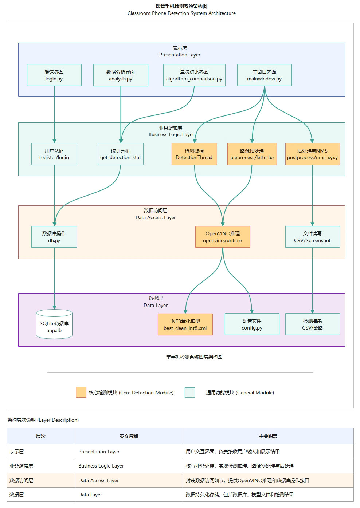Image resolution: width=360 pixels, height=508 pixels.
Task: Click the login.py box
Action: click(x=54, y=75)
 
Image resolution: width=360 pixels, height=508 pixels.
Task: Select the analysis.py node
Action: click(x=121, y=75)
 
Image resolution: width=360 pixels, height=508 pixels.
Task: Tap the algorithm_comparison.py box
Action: click(x=194, y=75)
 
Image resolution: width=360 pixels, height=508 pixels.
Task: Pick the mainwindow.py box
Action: click(x=264, y=75)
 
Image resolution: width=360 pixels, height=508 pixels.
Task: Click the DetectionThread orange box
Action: click(x=194, y=154)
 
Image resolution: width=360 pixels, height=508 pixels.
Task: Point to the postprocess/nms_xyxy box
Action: click(x=312, y=154)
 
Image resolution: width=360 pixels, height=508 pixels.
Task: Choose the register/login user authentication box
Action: click(x=54, y=154)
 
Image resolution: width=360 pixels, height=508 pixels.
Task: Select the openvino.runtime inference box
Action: click(x=223, y=237)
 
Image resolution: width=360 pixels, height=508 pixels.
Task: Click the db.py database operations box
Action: click(x=54, y=237)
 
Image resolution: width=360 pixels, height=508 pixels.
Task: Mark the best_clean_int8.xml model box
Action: click(x=185, y=324)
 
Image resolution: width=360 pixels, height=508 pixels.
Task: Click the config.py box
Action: click(x=252, y=324)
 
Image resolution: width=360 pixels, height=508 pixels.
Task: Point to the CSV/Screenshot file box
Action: click(x=312, y=237)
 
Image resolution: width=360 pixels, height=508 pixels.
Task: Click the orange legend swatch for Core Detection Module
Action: click(x=81, y=392)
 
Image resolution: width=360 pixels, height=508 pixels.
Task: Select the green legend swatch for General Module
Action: click(x=190, y=392)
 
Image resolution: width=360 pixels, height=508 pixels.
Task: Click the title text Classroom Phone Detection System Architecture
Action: click(x=181, y=13)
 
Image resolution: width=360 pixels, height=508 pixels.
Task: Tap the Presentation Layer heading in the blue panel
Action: click(x=180, y=55)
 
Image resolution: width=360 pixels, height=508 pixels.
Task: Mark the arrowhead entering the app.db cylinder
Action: click(x=55, y=307)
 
